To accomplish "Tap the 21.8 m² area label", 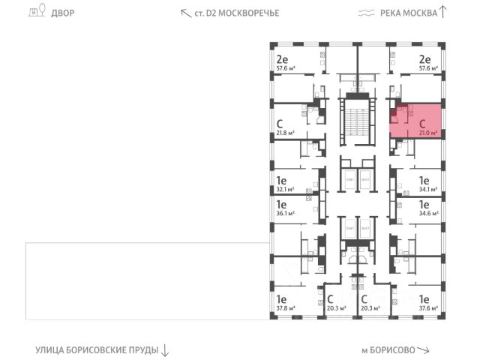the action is [285, 133].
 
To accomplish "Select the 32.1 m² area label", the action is [285, 190].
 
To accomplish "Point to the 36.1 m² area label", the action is [285, 212].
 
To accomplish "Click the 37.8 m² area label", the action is [285, 307].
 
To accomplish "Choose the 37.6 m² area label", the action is [428, 307].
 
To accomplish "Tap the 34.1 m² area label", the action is [428, 190].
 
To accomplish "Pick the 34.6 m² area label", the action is [428, 212].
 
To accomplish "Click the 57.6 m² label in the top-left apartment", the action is [285, 68].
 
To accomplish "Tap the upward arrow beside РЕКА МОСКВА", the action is [442, 11].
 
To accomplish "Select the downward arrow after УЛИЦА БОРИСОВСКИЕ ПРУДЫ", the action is [166, 350].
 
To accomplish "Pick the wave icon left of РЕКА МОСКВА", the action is [365, 13].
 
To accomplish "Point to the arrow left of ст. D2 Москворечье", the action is [185, 12].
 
